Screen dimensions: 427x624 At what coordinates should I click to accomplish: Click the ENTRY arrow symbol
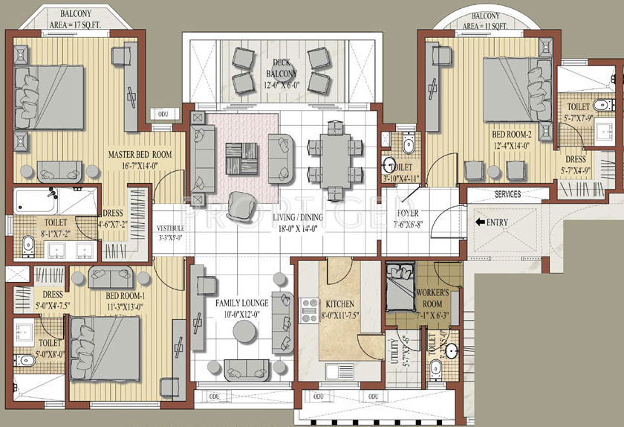[x=481, y=222]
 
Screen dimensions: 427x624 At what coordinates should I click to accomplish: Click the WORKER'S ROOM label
[x=432, y=298]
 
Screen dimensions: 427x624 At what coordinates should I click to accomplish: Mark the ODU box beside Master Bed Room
[x=163, y=114]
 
